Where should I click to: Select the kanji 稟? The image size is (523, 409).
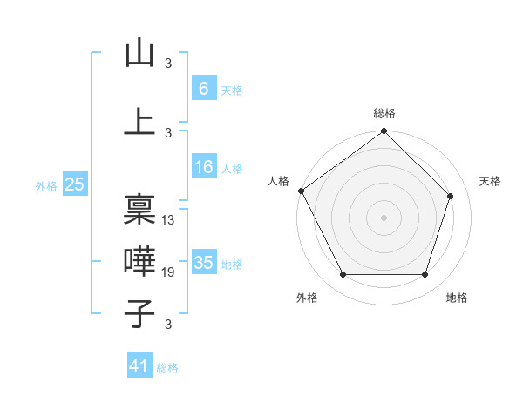pyautogui.click(x=139, y=210)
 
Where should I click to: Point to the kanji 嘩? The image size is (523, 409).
pyautogui.click(x=139, y=261)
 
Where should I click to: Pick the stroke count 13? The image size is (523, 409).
pyautogui.click(x=169, y=220)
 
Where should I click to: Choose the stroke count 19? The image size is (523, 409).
pyautogui.click(x=169, y=272)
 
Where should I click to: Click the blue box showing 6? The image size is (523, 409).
pyautogui.click(x=204, y=88)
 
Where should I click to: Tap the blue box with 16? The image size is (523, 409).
pyautogui.click(x=204, y=168)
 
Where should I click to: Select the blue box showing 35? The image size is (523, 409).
pyautogui.click(x=204, y=263)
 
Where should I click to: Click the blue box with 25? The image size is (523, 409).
pyautogui.click(x=75, y=184)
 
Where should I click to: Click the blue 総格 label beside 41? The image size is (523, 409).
pyautogui.click(x=167, y=368)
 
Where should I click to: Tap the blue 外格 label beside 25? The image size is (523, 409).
pyautogui.click(x=46, y=185)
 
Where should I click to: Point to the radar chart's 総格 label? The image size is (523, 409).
pyautogui.click(x=384, y=113)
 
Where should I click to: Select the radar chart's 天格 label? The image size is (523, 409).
pyautogui.click(x=491, y=181)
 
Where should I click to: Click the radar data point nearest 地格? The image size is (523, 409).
pyautogui.click(x=425, y=275)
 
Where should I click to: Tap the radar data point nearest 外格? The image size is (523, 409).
pyautogui.click(x=343, y=275)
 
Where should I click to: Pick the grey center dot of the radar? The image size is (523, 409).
pyautogui.click(x=384, y=217)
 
